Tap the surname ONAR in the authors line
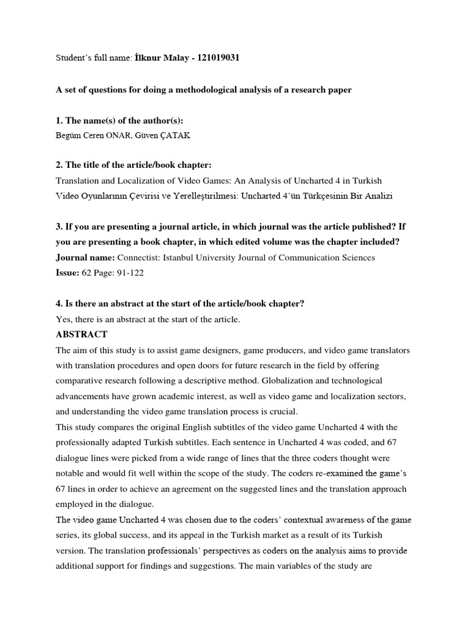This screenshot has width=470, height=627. pyautogui.click(x=119, y=135)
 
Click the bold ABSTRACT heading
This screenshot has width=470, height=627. pyautogui.click(x=81, y=334)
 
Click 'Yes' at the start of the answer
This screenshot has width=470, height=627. pyautogui.click(x=63, y=319)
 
